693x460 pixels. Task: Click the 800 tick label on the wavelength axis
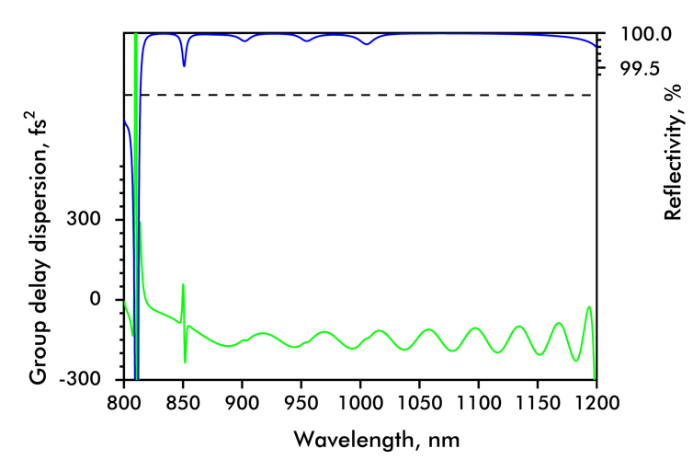pyautogui.click(x=124, y=402)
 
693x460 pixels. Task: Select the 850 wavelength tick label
pyautogui.click(x=183, y=402)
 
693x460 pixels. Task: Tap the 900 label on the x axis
pyautogui.click(x=242, y=402)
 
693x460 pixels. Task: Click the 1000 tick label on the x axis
pyautogui.click(x=360, y=402)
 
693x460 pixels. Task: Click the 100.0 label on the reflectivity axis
pyautogui.click(x=641, y=35)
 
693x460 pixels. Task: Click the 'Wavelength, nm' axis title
pyautogui.click(x=360, y=435)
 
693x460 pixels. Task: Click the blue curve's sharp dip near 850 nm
pyautogui.click(x=184, y=65)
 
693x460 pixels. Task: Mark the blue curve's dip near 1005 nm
pyautogui.click(x=367, y=44)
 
